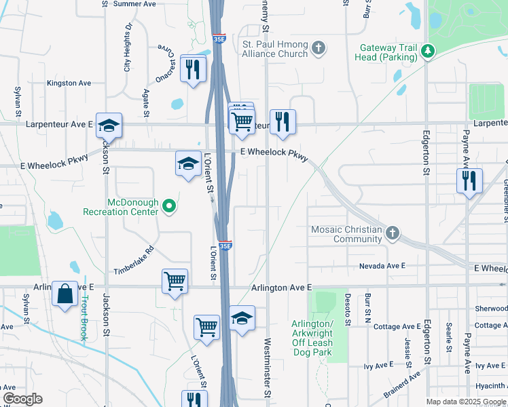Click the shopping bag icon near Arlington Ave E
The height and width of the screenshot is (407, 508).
(65, 294)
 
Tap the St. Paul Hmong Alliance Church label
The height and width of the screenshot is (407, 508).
(276, 49)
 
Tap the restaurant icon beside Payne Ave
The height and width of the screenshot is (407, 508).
(469, 181)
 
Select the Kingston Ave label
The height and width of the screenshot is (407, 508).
(69, 83)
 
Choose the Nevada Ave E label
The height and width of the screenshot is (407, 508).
(382, 266)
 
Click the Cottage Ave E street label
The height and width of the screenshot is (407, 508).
(397, 327)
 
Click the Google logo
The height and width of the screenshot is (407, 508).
(22, 399)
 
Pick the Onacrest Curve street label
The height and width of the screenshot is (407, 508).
(165, 63)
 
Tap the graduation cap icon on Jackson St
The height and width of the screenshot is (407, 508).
(109, 125)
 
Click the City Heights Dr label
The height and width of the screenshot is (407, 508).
(127, 47)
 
